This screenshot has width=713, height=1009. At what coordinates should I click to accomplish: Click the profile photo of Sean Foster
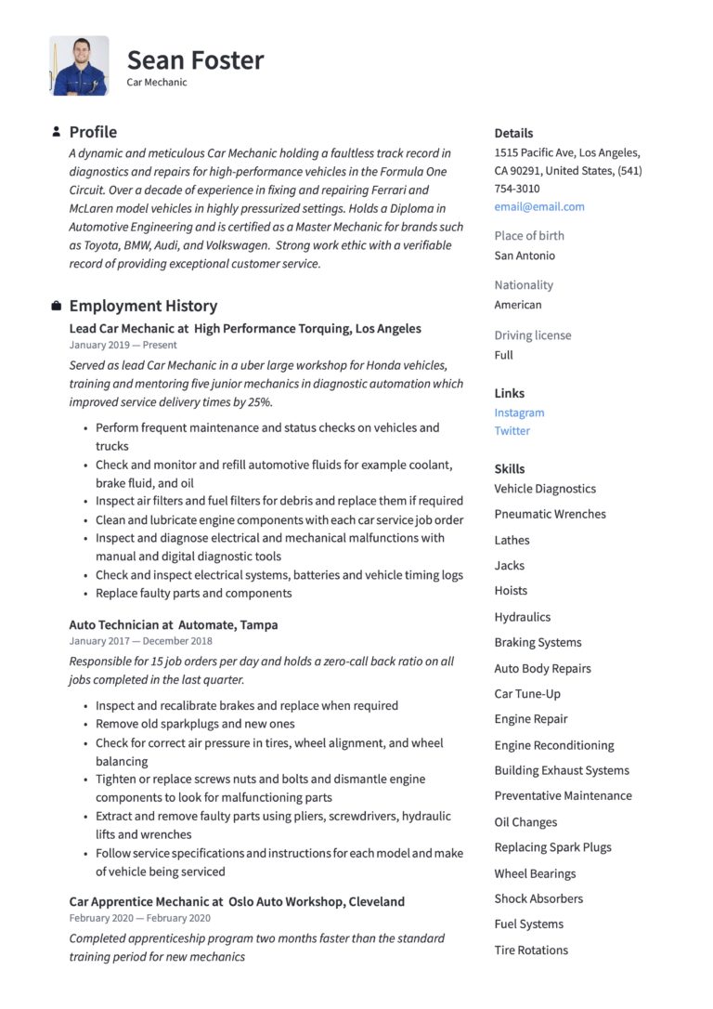pyautogui.click(x=79, y=66)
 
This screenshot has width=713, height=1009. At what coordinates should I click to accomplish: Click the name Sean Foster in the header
pyautogui.click(x=195, y=60)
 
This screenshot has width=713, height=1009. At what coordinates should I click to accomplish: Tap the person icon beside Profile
pyautogui.click(x=57, y=132)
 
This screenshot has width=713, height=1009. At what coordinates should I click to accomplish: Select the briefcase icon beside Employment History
pyautogui.click(x=57, y=306)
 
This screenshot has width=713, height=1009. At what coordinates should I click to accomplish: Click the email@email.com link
pyautogui.click(x=539, y=206)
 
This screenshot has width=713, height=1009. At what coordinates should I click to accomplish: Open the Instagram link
pyautogui.click(x=519, y=413)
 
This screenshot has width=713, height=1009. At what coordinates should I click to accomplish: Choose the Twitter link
pyautogui.click(x=512, y=431)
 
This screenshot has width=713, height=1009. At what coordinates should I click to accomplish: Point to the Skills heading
pyautogui.click(x=510, y=469)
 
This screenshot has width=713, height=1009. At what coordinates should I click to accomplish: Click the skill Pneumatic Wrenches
pyautogui.click(x=550, y=514)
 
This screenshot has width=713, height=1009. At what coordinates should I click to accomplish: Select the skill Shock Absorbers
pyautogui.click(x=538, y=898)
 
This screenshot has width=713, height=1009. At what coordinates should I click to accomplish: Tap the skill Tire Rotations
pyautogui.click(x=531, y=950)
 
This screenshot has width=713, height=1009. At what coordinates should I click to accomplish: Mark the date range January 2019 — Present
pyautogui.click(x=123, y=346)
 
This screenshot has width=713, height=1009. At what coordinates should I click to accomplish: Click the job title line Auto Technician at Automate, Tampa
pyautogui.click(x=174, y=625)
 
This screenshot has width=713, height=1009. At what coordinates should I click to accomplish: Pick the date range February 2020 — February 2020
pyautogui.click(x=139, y=918)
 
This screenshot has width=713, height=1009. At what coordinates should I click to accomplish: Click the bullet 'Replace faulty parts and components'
pyautogui.click(x=193, y=594)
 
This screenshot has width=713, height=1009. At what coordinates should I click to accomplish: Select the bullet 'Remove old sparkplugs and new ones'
pyautogui.click(x=195, y=724)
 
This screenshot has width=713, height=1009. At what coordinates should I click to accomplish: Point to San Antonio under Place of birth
pyautogui.click(x=525, y=256)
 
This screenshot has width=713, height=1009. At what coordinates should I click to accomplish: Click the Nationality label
pyautogui.click(x=524, y=285)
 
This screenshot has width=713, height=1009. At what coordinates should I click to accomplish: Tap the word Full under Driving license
pyautogui.click(x=503, y=355)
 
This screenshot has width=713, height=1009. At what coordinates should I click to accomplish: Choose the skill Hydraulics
pyautogui.click(x=522, y=617)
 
